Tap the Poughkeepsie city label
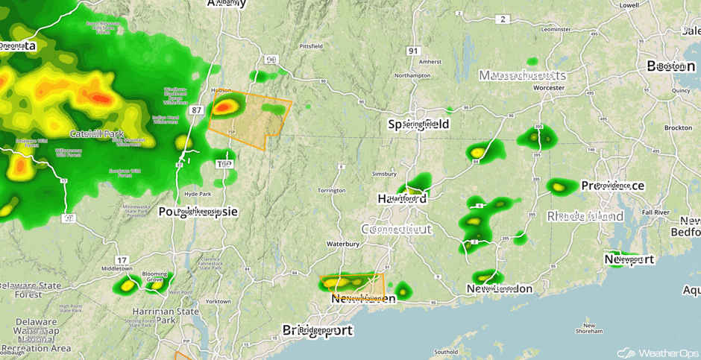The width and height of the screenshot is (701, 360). (198, 212)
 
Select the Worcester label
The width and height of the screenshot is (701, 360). (549, 88)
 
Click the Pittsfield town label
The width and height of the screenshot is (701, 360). (311, 46)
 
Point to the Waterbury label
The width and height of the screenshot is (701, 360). (343, 244)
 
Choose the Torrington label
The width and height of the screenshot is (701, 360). (331, 191)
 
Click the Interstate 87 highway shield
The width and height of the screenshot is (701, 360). (196, 110)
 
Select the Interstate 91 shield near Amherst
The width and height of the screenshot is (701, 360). (413, 51)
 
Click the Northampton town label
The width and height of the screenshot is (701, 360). (412, 75)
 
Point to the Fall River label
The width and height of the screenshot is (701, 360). (656, 212)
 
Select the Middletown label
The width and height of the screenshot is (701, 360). (117, 268)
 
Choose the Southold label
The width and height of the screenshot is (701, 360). (446, 352)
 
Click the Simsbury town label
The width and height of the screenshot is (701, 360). (384, 174)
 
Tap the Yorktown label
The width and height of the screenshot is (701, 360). (218, 301)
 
